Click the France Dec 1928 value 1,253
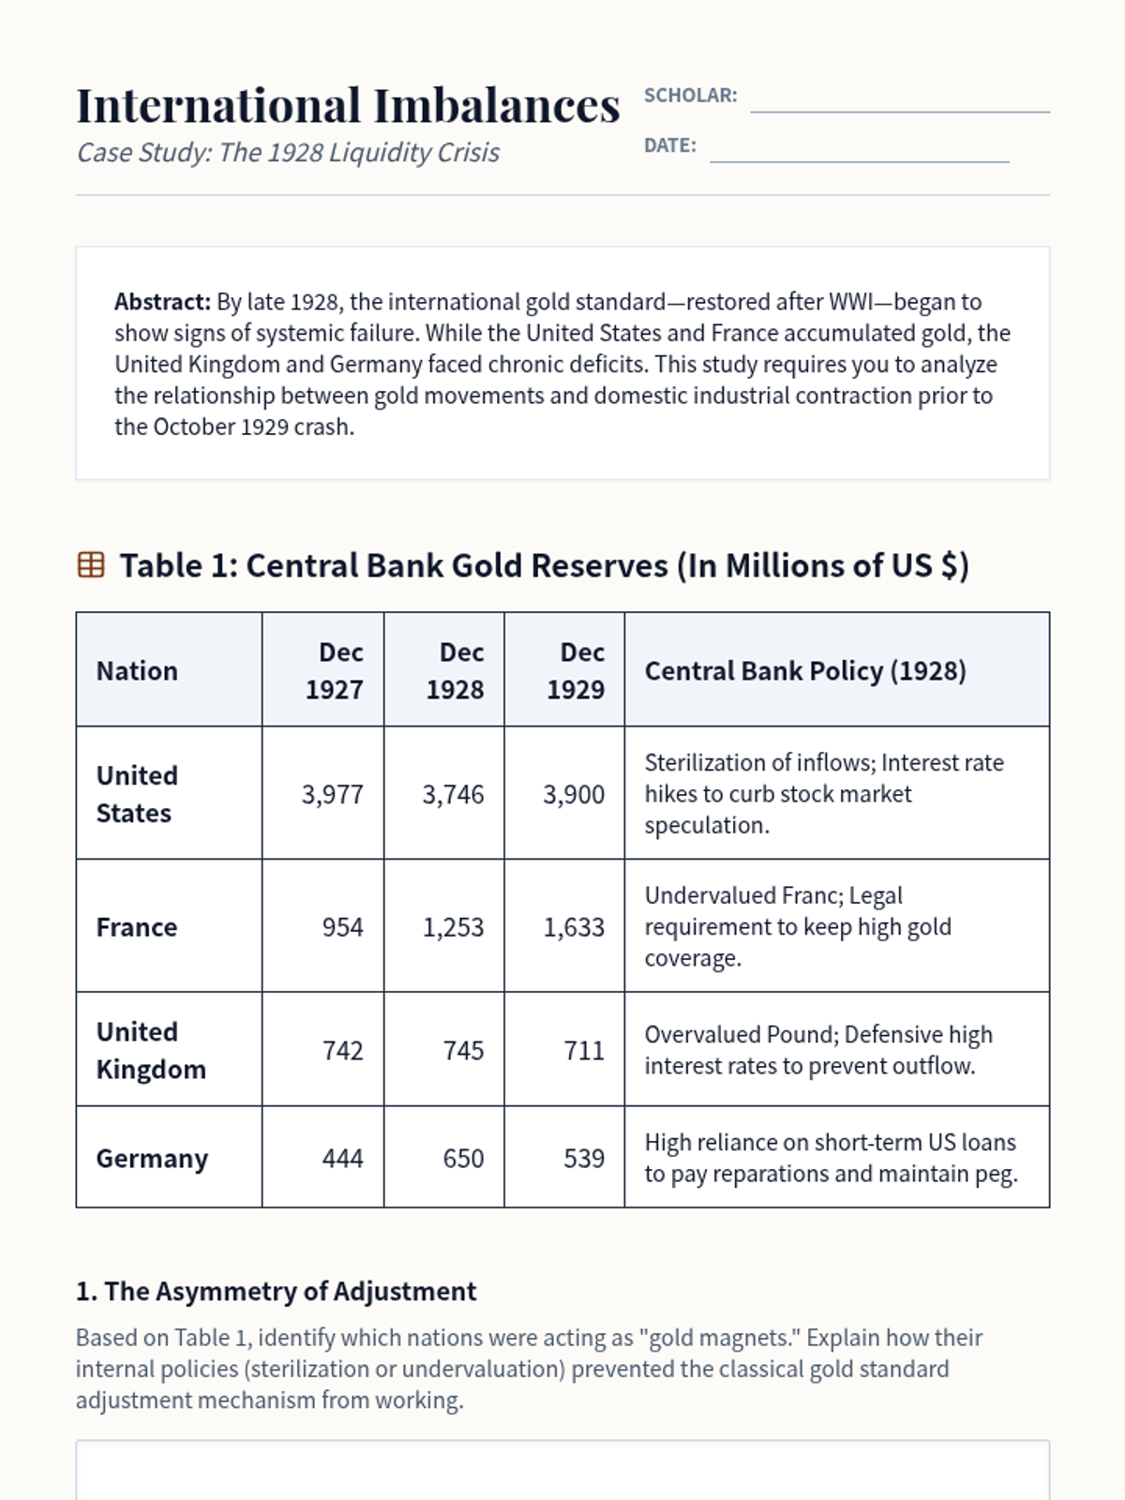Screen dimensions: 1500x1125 pos(453,927)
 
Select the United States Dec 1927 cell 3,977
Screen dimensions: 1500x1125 pos(332,795)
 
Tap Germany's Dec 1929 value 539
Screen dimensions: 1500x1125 pos(583,1159)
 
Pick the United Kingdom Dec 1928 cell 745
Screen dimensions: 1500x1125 pos(463,1050)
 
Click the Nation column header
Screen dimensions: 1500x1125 pos(137,671)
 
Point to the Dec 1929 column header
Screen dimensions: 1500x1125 pos(577,670)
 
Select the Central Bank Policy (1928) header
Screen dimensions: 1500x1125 pos(805,671)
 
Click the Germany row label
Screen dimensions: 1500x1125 pos(152,1159)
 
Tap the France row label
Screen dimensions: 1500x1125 pos(137,927)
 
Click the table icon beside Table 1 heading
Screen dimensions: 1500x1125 pos(91,565)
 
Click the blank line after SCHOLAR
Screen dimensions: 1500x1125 pos(900,101)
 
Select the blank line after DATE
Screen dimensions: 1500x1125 pos(859,151)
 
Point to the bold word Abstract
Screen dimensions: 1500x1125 pos(162,302)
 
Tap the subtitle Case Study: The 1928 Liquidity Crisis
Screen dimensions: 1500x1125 pos(288,153)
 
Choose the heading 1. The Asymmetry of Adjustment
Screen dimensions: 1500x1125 pos(276,1291)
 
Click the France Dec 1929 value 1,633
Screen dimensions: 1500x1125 pos(574,927)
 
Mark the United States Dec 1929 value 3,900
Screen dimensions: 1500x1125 pos(574,795)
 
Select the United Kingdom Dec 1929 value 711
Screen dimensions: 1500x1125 pos(583,1050)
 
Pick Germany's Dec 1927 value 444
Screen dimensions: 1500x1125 pos(342,1159)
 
